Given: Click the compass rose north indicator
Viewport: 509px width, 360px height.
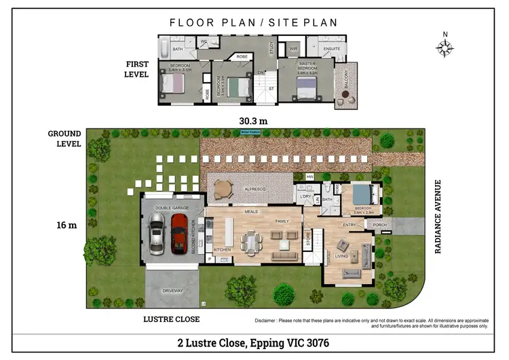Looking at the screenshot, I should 445,46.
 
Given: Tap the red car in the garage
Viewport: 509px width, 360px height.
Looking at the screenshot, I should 178,233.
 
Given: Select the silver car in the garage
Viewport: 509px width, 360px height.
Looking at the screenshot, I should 157,233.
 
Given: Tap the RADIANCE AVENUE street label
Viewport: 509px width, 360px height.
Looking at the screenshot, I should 438,216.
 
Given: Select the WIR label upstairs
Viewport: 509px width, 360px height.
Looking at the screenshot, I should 293,49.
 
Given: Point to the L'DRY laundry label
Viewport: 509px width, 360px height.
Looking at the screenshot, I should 305,196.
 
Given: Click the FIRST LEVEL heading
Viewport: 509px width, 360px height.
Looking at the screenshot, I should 137,69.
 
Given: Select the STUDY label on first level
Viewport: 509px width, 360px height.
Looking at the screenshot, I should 271,48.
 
